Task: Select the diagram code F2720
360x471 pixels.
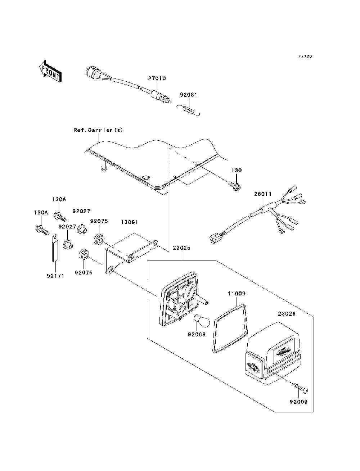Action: (x=305, y=56)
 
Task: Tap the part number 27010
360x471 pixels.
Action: (x=157, y=78)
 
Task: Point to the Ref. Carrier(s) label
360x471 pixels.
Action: (x=98, y=130)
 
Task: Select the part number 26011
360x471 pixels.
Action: (x=263, y=194)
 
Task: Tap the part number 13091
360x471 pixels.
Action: (x=129, y=222)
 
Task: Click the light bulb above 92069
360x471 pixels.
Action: (x=202, y=323)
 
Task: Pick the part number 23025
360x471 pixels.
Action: (x=181, y=248)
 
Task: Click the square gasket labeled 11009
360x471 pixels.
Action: (x=230, y=328)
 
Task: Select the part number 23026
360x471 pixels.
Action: (x=287, y=314)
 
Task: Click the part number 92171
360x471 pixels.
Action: (x=55, y=276)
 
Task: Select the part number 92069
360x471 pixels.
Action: (x=197, y=334)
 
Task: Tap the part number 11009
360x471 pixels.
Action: (x=237, y=294)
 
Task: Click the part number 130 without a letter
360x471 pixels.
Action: (x=237, y=171)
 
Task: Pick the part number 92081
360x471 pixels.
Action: (x=188, y=95)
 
